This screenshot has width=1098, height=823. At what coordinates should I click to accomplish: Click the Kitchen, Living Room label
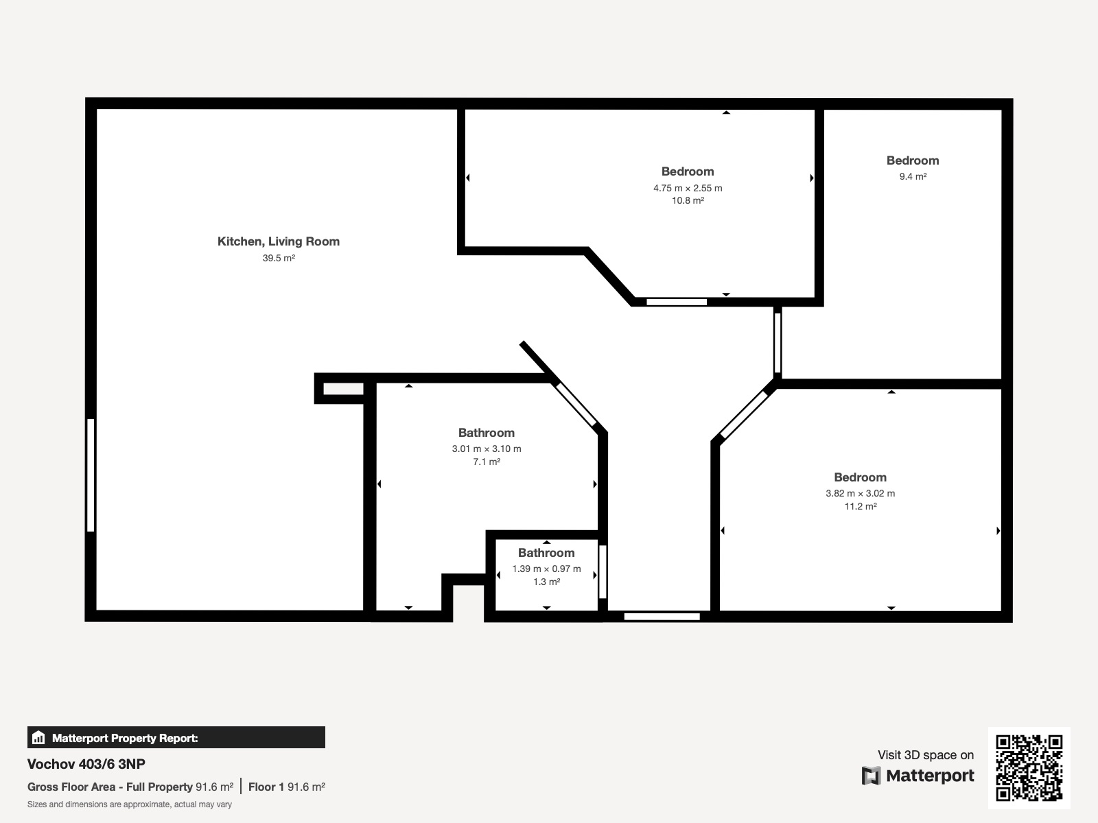(278, 242)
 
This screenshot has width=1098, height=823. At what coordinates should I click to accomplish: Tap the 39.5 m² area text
(279, 258)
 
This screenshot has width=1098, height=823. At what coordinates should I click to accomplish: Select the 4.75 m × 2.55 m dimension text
(688, 189)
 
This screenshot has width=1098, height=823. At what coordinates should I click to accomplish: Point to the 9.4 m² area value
(913, 176)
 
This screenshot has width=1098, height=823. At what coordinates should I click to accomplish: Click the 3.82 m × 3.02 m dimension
(860, 494)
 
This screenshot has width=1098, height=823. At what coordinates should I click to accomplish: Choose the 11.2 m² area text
(861, 507)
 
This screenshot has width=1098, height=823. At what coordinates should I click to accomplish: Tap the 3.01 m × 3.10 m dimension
(487, 449)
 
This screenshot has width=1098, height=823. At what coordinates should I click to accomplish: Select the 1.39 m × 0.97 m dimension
(546, 569)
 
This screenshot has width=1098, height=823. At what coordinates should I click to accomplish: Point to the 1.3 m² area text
(546, 582)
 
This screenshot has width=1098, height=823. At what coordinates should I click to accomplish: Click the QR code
(1029, 767)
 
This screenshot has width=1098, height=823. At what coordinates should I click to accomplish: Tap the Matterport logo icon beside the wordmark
(871, 776)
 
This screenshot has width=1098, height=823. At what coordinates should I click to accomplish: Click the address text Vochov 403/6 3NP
(86, 764)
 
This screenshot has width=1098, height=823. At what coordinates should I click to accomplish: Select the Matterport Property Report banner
(176, 737)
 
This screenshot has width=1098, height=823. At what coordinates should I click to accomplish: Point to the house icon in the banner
(38, 737)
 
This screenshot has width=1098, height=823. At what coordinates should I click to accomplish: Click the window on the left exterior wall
(91, 475)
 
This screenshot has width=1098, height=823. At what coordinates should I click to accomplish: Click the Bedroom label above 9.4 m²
(913, 160)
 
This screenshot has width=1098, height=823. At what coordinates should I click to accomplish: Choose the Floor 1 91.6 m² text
(287, 787)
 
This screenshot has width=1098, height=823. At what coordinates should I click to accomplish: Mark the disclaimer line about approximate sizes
(130, 804)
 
